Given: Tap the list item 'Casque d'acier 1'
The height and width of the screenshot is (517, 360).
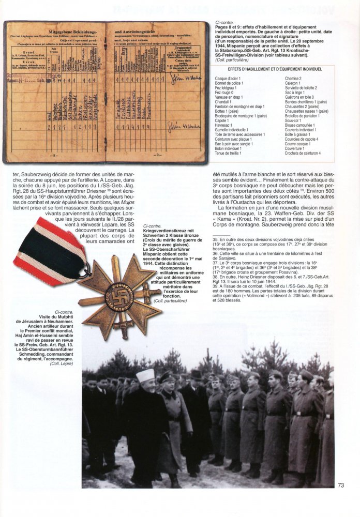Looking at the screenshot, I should point(229,78).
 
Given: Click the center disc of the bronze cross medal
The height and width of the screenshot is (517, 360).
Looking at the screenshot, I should point(119,296).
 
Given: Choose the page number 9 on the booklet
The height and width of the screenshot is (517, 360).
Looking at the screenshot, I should point(156,155).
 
